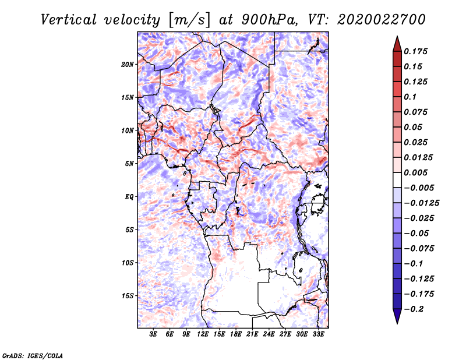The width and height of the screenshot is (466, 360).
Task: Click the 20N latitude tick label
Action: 128,65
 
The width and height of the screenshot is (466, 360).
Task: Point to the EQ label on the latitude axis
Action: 129,197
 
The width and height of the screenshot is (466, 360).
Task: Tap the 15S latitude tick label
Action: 128,296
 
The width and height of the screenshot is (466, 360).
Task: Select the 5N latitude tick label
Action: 129,164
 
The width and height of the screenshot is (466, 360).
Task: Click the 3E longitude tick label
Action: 153,334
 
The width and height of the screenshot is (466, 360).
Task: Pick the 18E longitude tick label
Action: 236,334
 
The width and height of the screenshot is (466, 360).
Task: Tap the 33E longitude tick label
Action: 318,334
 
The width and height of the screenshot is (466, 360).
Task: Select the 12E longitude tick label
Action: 203,334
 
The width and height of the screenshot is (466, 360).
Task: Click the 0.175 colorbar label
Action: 415,51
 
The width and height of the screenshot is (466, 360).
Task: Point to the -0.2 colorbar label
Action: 414,309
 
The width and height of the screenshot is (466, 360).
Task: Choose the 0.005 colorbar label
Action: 415,172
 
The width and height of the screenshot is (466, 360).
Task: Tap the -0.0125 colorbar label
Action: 421,203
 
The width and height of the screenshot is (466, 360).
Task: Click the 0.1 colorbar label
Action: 410,97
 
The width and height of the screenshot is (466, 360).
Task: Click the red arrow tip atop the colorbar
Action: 397,36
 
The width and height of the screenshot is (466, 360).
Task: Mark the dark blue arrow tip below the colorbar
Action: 397,323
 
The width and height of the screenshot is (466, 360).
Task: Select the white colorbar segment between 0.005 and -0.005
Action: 397,180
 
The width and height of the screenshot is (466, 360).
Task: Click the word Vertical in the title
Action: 69,20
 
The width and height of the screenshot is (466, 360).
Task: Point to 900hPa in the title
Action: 269,20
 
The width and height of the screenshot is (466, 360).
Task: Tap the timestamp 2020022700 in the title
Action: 382,20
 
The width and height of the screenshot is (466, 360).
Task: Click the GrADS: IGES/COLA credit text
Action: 33,355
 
